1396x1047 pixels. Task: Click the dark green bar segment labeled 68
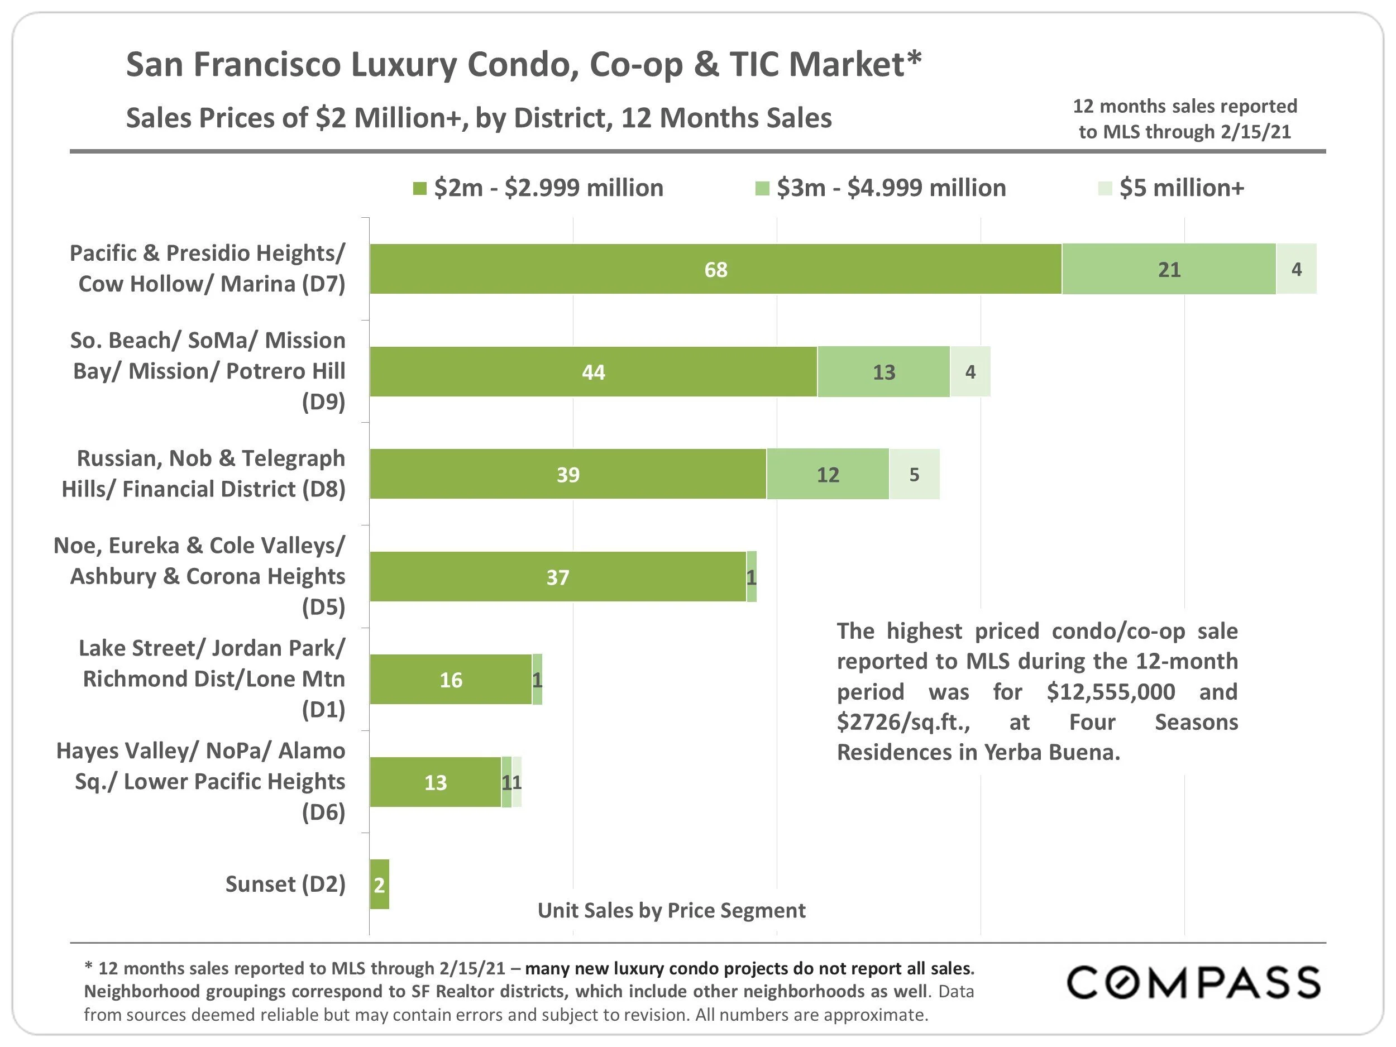click(x=716, y=270)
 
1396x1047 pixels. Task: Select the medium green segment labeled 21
click(x=1169, y=270)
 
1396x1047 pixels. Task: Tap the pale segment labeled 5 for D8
click(x=915, y=475)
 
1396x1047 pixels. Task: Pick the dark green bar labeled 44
click(x=593, y=372)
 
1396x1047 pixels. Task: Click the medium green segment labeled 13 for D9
click(x=883, y=372)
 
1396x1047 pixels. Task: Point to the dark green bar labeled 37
click(x=558, y=577)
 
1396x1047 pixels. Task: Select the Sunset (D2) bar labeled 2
click(x=379, y=885)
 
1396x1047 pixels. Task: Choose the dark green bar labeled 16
click(x=451, y=680)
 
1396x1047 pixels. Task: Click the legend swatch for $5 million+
click(x=1105, y=189)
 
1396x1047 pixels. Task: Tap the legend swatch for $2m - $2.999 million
click(x=420, y=189)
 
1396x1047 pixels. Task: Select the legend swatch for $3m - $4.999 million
click(x=762, y=189)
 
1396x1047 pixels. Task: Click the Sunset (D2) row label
click(x=285, y=884)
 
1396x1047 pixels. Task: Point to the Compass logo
click(x=1193, y=983)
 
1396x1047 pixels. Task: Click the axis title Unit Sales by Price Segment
click(x=672, y=911)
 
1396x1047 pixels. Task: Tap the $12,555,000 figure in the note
click(x=1111, y=692)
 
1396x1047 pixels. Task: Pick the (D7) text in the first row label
click(x=323, y=284)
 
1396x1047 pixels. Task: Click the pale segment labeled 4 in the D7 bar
click(x=1296, y=270)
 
